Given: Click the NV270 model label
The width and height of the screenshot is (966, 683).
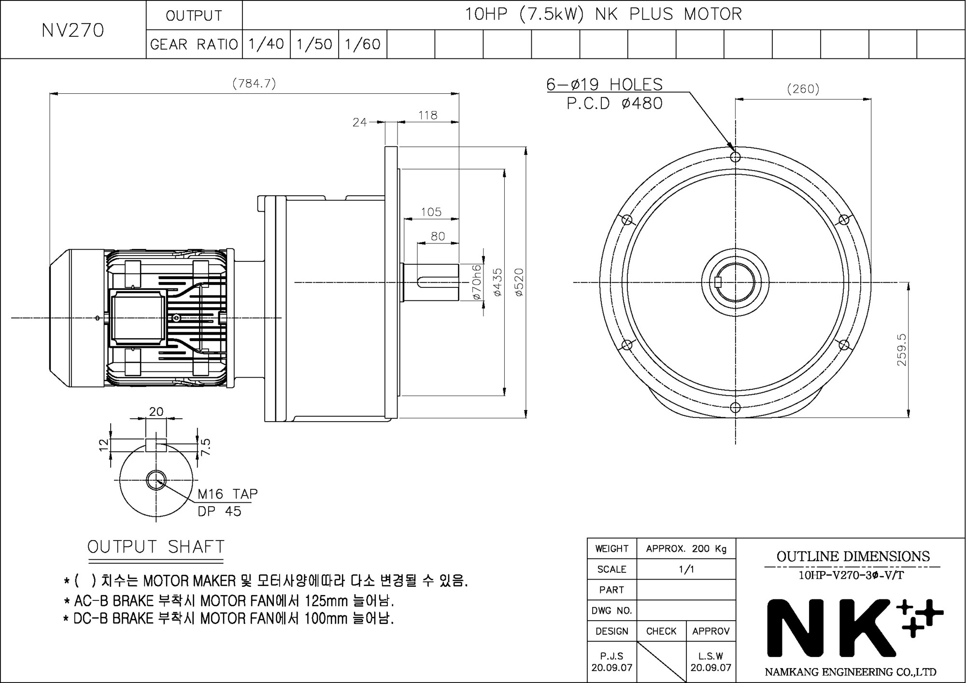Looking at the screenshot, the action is coord(73,30).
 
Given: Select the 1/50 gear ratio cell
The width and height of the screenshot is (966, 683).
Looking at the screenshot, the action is coord(314,44).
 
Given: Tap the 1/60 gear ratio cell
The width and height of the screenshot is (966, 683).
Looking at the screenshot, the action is coord(363,44).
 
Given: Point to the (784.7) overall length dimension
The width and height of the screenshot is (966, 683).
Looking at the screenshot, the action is coord(254,84).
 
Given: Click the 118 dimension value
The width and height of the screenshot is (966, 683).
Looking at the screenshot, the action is coord(428,115).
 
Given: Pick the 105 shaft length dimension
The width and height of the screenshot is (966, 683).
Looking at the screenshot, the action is coord(431,212).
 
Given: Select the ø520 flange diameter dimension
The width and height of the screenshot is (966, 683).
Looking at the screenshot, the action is coord(519,282).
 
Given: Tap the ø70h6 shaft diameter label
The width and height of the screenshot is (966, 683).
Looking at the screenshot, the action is coord(476,282).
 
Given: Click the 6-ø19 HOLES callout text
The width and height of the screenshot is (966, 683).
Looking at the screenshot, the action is coord(604,85).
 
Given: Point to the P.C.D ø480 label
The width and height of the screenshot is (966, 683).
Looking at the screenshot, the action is coord(614,103).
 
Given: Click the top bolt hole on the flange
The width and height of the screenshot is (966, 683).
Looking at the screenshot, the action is coord(735,157).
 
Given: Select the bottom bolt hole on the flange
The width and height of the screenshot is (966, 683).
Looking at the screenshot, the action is coord(735,408).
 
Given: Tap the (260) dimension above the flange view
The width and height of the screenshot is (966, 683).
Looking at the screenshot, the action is coord(803,89).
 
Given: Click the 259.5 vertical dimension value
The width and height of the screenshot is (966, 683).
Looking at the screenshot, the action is coord(902,350).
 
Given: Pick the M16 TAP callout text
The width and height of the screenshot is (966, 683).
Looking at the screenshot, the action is coord(227,494).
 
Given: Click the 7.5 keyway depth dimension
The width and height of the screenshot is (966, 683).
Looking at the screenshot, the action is coord(206,447).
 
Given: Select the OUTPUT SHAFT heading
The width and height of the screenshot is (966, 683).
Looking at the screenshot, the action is coord(156,547).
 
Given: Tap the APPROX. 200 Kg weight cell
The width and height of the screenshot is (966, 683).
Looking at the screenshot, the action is coord(686,549).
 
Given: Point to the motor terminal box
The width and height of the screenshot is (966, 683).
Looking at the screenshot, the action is coord(138,318).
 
